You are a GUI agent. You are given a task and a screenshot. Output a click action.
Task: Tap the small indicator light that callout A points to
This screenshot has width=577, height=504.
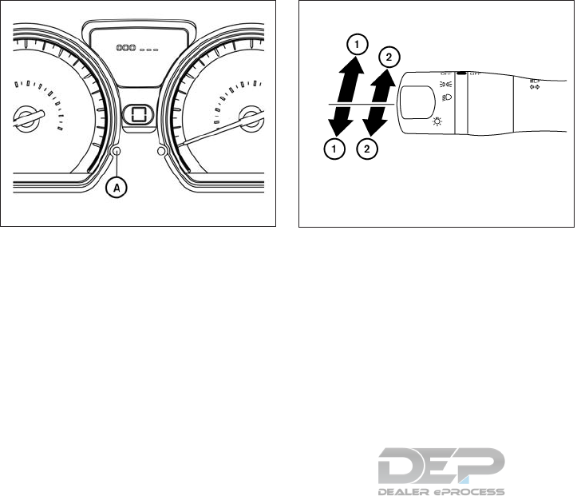tap(117, 151)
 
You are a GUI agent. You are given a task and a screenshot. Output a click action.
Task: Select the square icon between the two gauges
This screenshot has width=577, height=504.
tap(138, 114)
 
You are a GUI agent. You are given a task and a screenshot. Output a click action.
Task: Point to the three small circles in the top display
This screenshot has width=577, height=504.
tap(126, 48)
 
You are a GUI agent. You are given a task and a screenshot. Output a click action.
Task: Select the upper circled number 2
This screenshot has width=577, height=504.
tap(387, 57)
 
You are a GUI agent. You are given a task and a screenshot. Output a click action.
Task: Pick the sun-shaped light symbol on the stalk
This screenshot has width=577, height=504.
tap(437, 121)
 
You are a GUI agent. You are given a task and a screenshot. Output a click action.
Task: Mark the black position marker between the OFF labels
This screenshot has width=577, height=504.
tap(461, 73)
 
